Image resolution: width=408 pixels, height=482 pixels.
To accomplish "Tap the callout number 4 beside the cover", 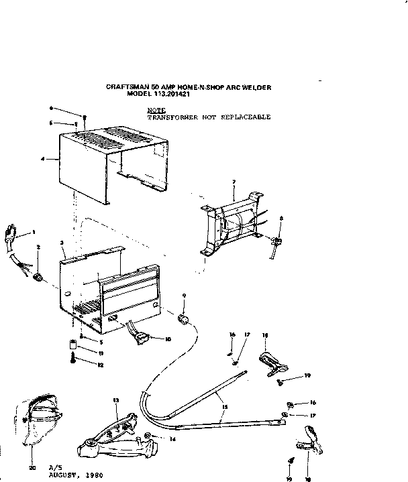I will [x=42, y=160].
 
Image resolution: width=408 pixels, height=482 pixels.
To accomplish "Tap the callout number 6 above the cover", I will [x=51, y=108].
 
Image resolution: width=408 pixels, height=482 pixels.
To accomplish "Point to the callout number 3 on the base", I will [x=62, y=243].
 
